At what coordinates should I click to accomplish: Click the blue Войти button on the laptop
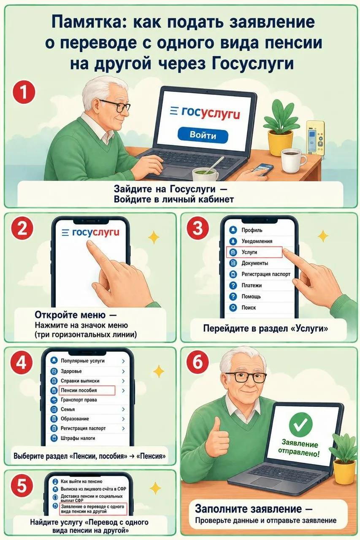(x=203, y=135)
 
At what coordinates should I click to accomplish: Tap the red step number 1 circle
(x=24, y=93)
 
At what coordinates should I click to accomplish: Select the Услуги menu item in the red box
(x=254, y=252)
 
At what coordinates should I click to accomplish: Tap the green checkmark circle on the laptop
(x=300, y=424)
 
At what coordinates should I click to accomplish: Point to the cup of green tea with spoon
(x=205, y=174)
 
